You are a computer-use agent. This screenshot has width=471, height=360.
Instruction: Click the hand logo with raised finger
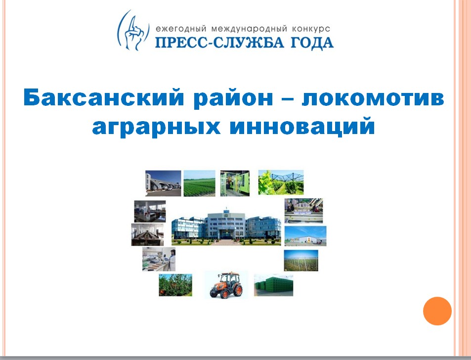point(133,30)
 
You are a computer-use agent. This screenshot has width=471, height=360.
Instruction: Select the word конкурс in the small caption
point(310,29)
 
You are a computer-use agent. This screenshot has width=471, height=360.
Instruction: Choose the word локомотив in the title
point(373,98)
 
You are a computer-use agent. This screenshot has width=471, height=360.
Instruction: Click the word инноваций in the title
point(302,127)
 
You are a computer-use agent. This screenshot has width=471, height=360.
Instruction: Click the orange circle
point(437,311)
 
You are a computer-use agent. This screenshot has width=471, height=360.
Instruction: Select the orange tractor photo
point(226,284)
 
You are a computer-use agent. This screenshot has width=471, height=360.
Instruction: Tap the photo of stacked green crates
point(273,285)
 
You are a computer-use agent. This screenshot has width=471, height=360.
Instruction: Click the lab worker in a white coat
point(172,260)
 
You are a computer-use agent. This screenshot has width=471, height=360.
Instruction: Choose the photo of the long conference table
point(147,234)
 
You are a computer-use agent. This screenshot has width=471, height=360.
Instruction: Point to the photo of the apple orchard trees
point(175,285)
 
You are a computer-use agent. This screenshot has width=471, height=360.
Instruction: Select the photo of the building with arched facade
point(163,183)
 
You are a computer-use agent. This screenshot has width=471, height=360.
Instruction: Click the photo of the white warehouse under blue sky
point(305,236)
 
